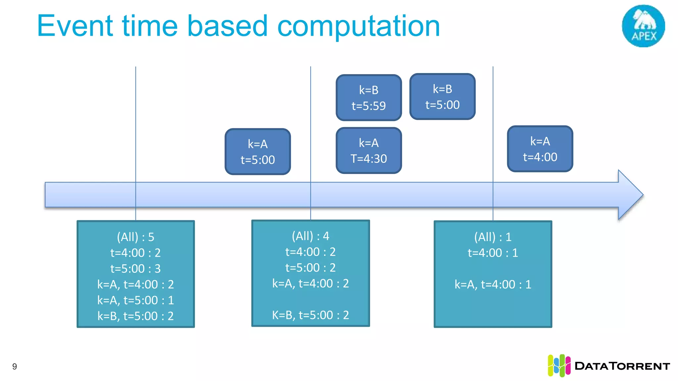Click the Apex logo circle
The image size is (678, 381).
[x=643, y=26]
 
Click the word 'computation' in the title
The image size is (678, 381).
[x=359, y=26]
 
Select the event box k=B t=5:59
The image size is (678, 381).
[x=368, y=98]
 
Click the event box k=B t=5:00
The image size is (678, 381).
[x=442, y=97]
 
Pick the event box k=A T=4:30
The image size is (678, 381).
[x=368, y=150]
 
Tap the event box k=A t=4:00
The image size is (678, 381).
[x=540, y=149]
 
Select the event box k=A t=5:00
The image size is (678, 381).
[x=258, y=151]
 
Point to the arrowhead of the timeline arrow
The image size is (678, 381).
[x=631, y=195]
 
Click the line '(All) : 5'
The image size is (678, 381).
[x=135, y=237]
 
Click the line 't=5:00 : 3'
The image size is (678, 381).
[x=135, y=269]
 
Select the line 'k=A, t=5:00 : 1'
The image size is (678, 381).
[x=135, y=300]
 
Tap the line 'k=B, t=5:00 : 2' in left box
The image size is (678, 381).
[x=135, y=316]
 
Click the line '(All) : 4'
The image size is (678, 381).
[x=310, y=236]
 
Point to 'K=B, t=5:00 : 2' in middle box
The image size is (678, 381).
[x=310, y=315]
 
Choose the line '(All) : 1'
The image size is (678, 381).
[x=493, y=237]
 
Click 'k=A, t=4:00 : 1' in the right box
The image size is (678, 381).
[x=493, y=284]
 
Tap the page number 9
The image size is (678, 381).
[x=15, y=366]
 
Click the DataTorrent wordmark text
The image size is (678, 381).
[x=622, y=366]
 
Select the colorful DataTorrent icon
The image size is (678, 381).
[x=559, y=365]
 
